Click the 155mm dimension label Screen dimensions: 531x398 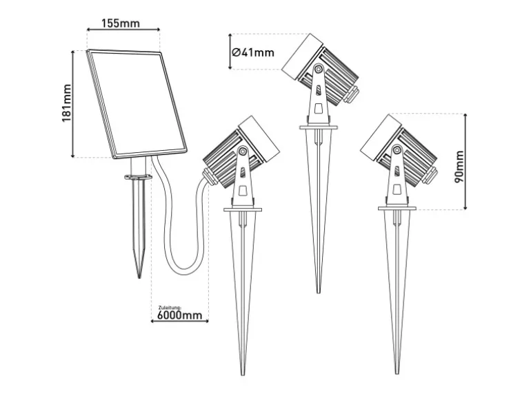click(121, 23)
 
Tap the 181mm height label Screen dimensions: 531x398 click(67, 103)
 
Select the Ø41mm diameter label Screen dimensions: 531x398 click(252, 52)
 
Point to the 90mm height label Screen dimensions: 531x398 click(459, 167)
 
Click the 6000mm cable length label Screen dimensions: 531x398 click(180, 315)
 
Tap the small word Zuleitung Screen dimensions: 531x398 click(170, 308)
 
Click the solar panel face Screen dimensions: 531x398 click(137, 103)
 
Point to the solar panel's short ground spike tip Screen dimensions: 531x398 click(139, 277)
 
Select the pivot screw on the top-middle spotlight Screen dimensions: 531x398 click(318, 70)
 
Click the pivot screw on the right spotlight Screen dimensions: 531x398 click(397, 149)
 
